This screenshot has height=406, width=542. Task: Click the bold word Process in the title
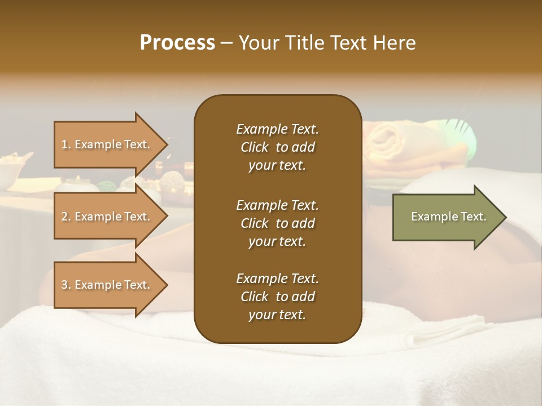(177, 43)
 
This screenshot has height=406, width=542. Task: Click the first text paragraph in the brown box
(277, 147)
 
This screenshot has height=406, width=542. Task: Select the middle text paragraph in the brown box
(277, 223)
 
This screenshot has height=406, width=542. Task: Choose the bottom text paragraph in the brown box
(277, 297)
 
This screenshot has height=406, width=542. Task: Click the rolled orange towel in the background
(395, 141)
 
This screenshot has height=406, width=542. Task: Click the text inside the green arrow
(449, 217)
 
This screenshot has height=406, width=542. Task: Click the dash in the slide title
(226, 43)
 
